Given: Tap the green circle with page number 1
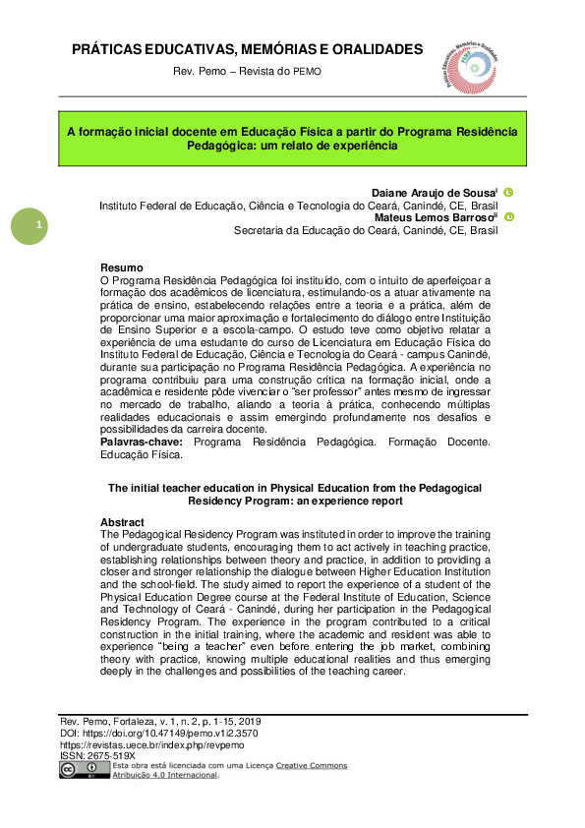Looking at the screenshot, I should (29, 227).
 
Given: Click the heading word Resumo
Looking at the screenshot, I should (122, 268).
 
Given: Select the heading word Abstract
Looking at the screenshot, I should (123, 522).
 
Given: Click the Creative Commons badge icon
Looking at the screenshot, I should (85, 769).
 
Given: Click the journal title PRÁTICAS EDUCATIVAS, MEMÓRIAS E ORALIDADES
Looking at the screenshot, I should (248, 49).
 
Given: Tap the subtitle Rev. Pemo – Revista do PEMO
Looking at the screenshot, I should (247, 72).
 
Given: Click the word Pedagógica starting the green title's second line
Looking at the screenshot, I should (220, 145).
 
